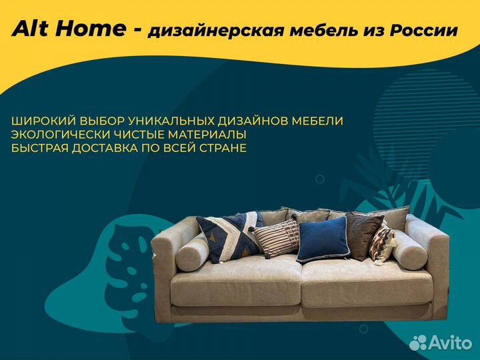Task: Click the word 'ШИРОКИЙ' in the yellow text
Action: click(x=43, y=121)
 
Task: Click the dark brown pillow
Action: click(x=364, y=235)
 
